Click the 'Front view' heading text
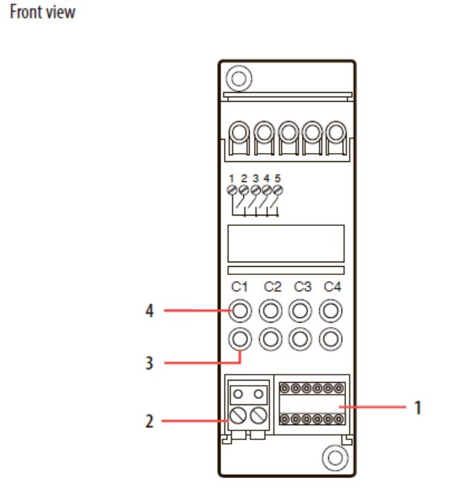pos(42,13)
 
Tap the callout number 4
pos(149,311)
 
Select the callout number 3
pos(149,363)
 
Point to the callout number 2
pos(149,421)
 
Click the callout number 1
pos(418,407)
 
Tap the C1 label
pos(239,287)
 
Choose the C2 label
pos(272,287)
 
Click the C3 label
pos(303,287)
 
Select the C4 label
pos(332,287)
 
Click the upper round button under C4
pos(331,311)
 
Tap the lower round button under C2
pos(271,339)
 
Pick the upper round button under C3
pos(300,311)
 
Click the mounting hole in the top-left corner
pos(239,78)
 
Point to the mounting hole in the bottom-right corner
pos(335,458)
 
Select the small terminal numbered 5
pos(277,190)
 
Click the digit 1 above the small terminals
pos(231,178)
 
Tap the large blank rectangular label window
pos(286,243)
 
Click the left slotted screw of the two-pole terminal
pos(238,415)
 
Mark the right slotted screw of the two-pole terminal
pos(259,415)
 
